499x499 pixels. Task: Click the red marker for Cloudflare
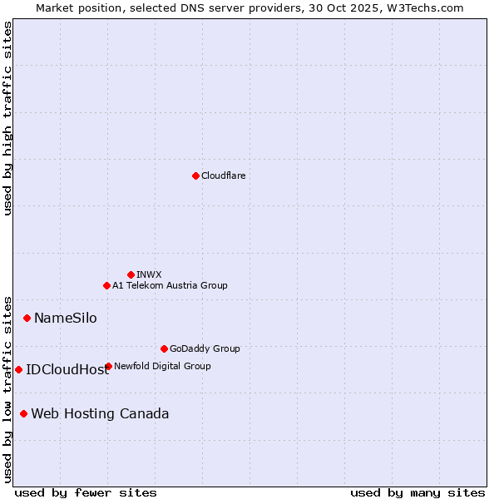195,175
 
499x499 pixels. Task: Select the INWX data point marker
131,274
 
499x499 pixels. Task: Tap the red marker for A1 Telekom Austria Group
106,285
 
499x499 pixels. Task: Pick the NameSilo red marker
27,318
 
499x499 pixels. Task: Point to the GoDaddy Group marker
164,348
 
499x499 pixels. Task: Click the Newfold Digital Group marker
108,366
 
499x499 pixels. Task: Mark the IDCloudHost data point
18,369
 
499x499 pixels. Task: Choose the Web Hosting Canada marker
23,413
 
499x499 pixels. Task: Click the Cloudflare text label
223,175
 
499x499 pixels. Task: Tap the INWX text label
149,274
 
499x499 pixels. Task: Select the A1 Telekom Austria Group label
170,285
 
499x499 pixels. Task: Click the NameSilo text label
65,318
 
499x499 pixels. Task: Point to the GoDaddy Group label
205,348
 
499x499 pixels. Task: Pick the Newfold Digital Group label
162,366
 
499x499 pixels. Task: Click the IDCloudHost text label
67,369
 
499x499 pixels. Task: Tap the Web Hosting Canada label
100,413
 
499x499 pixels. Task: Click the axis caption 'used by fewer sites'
86,492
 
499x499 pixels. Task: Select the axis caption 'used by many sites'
417,492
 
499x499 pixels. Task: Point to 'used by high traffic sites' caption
8,118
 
